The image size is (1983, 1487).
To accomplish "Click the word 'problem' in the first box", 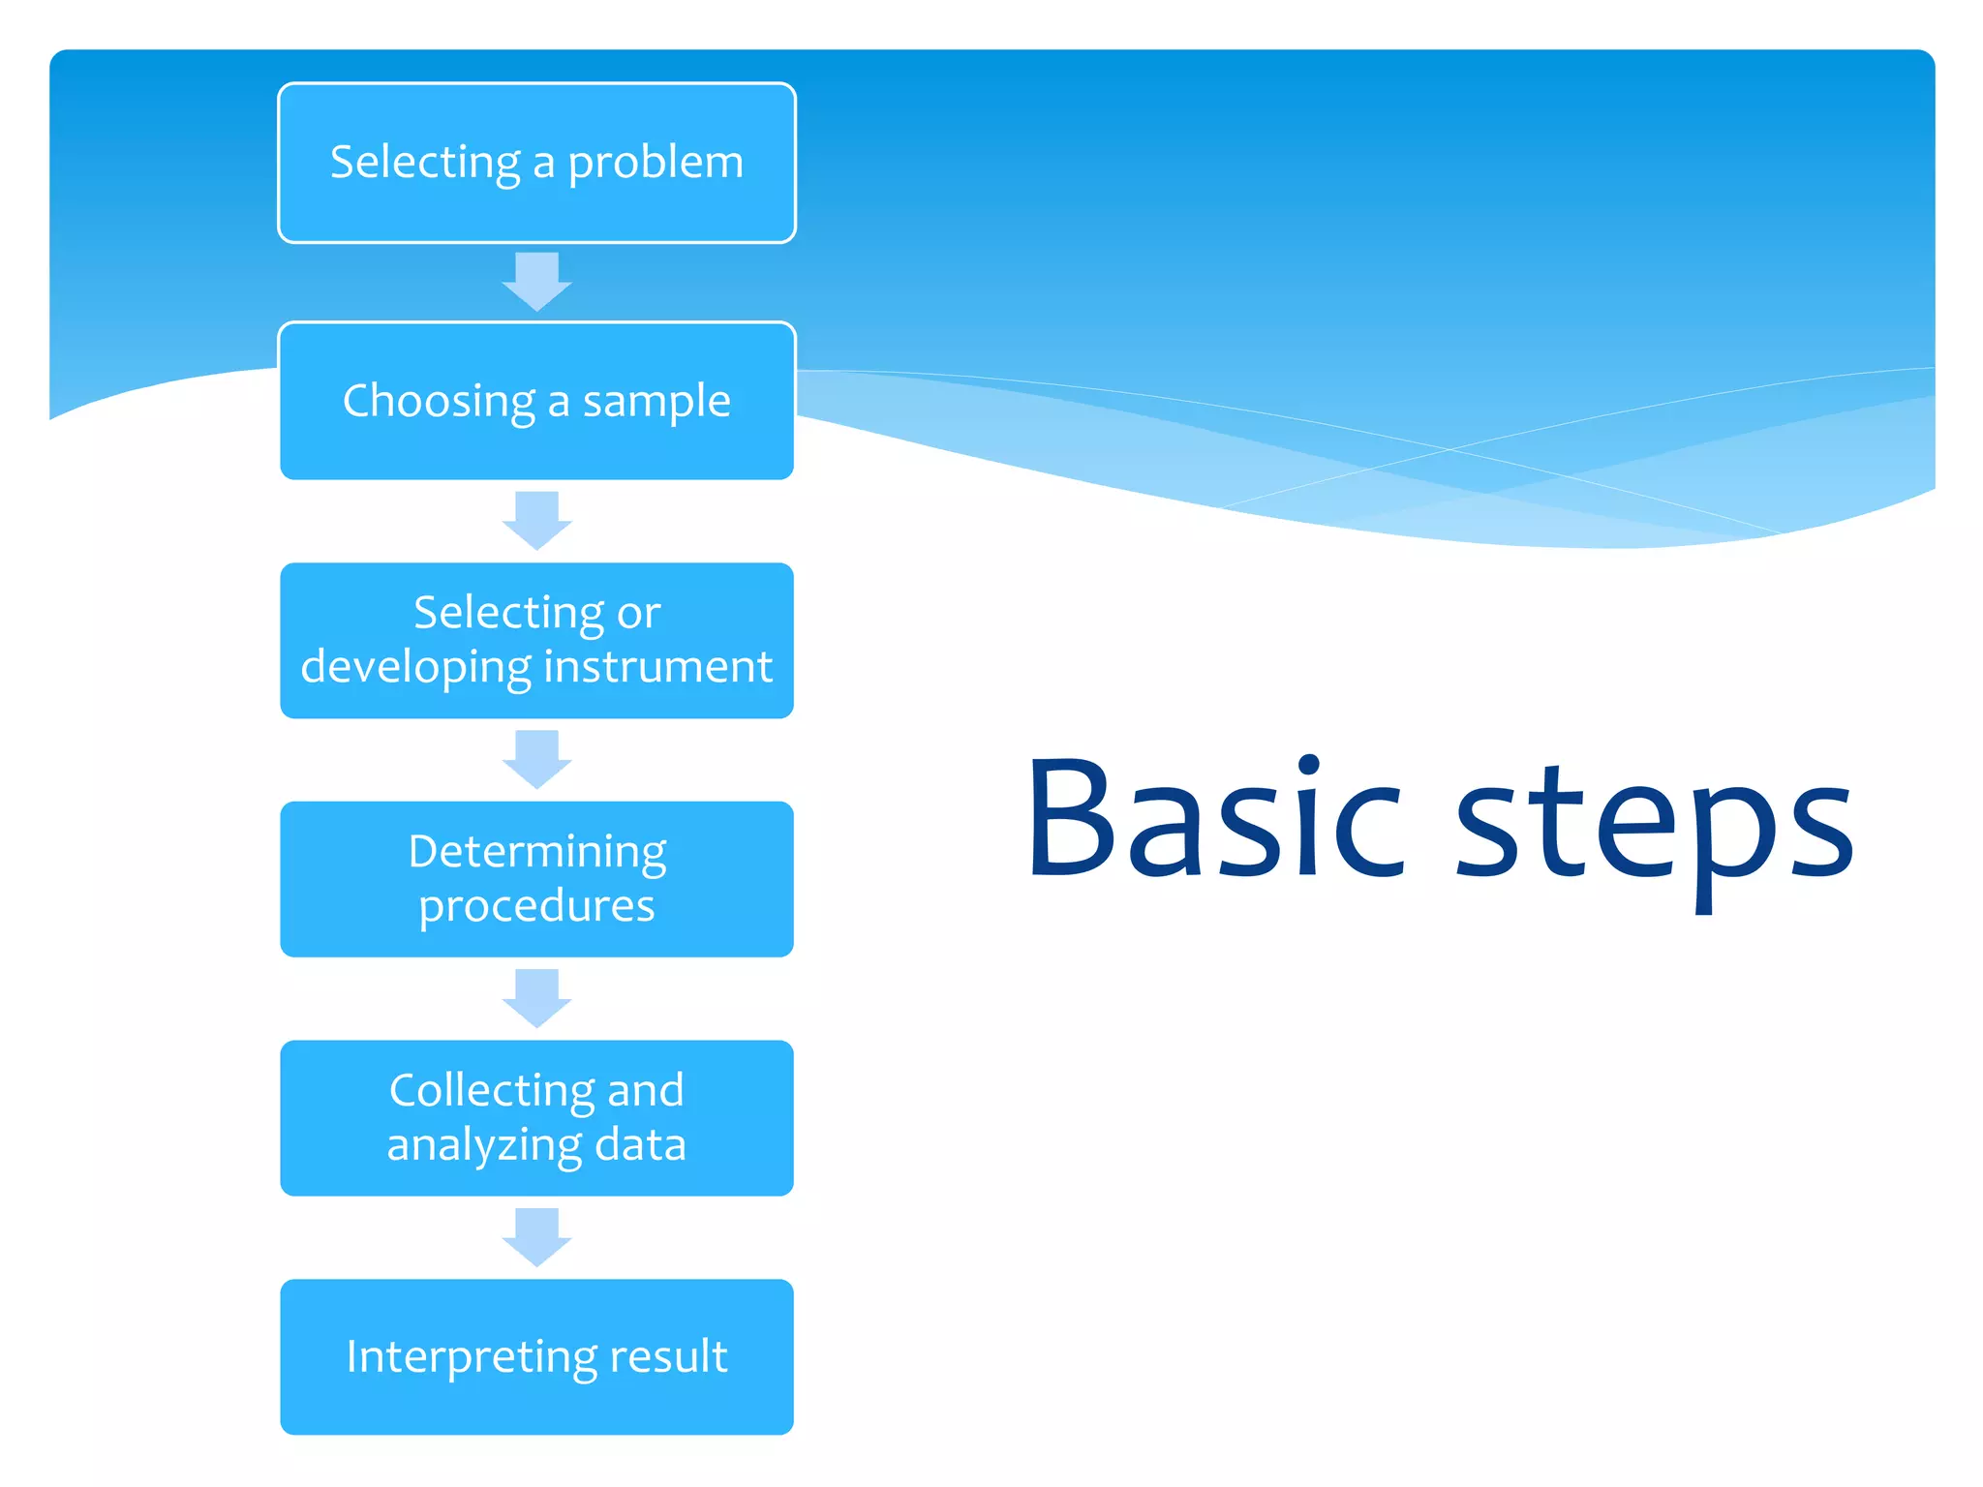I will point(656,163).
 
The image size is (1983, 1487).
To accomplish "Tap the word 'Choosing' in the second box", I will point(439,401).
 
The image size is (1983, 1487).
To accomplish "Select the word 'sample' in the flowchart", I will point(656,401).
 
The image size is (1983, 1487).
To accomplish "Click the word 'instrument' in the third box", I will point(657,666).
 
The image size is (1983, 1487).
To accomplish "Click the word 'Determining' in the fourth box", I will point(537,852).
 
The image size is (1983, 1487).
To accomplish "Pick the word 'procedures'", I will point(536,906).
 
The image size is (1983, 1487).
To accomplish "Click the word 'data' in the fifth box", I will point(640,1144).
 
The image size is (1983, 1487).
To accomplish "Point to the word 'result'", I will point(667,1355).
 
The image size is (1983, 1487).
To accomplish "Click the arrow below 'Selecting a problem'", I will point(537,281).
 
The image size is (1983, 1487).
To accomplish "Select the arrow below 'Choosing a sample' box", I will point(537,520).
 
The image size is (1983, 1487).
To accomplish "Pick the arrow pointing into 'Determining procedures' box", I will point(537,758).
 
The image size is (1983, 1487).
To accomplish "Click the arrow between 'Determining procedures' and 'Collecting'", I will point(537,997).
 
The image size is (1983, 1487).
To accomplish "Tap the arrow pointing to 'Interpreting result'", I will point(537,1236).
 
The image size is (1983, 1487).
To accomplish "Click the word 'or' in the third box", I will point(638,613).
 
